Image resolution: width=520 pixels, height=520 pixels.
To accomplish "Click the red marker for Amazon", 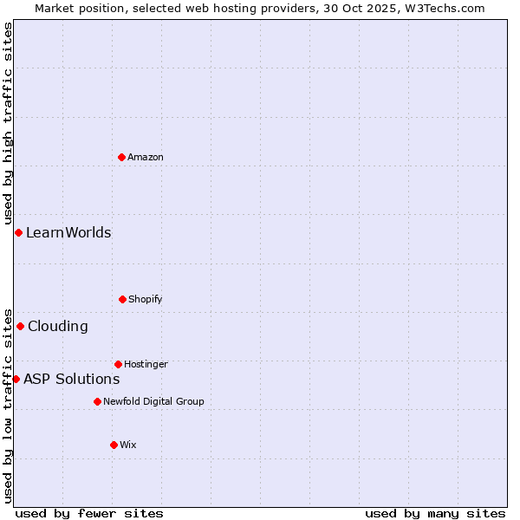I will pyautogui.click(x=121, y=157).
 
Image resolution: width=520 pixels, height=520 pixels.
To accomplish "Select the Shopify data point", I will pyautogui.click(x=122, y=299).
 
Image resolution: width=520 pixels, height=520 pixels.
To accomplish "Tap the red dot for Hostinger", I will pyautogui.click(x=118, y=364).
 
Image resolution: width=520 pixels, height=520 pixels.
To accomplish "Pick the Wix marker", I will pyautogui.click(x=114, y=445).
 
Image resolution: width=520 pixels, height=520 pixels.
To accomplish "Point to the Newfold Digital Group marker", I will pyautogui.click(x=97, y=401).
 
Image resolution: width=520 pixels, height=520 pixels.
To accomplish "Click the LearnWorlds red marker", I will pyautogui.click(x=18, y=232).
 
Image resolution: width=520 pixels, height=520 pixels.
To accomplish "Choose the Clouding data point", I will pyautogui.click(x=20, y=326).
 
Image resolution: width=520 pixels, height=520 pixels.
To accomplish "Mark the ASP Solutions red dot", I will pyautogui.click(x=16, y=379).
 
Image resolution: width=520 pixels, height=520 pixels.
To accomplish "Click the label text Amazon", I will pyautogui.click(x=146, y=157).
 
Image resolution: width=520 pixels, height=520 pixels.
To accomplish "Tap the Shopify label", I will pyautogui.click(x=146, y=299).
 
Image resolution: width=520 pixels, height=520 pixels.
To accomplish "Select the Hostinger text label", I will pyautogui.click(x=146, y=364).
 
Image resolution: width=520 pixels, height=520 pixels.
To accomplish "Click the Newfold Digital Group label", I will pyautogui.click(x=153, y=401).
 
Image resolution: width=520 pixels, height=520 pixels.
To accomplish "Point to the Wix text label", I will pyautogui.click(x=128, y=445).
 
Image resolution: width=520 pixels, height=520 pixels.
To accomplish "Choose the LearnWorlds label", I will pyautogui.click(x=68, y=232).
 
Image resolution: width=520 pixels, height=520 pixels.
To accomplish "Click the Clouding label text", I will pyautogui.click(x=58, y=326).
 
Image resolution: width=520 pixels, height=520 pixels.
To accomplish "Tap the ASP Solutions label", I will pyautogui.click(x=71, y=379).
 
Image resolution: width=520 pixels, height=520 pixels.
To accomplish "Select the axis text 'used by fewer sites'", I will pyautogui.click(x=89, y=513).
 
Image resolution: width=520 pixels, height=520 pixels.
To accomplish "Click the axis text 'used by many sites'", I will pyautogui.click(x=435, y=513).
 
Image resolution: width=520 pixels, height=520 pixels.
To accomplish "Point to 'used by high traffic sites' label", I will pyautogui.click(x=8, y=124).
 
